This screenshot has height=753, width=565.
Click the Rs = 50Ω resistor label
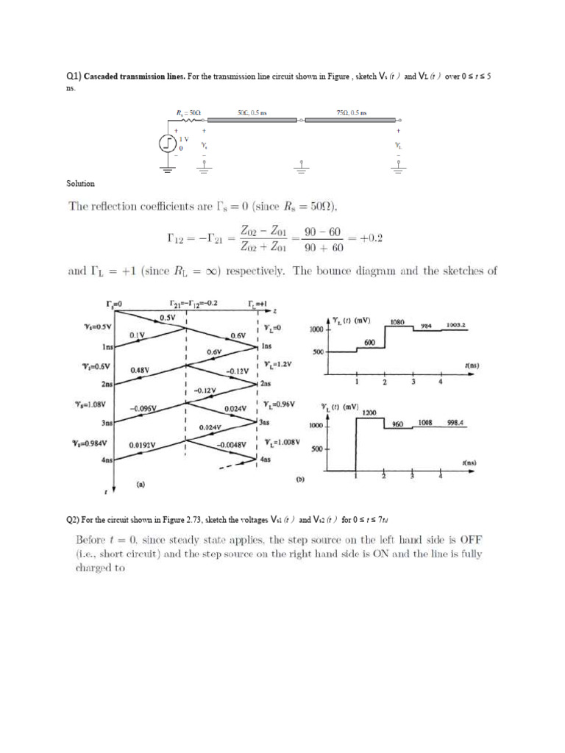pos(189,113)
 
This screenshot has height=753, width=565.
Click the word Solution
pos(80,183)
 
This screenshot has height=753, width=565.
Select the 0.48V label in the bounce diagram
pos(141,370)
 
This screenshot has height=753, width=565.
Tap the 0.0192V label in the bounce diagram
pos(141,445)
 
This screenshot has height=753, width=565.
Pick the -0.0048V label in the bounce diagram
pos(230,445)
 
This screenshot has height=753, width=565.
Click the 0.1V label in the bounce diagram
pos(138,335)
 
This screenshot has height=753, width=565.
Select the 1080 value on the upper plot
pos(397,322)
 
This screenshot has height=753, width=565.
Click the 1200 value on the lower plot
pos(369,413)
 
